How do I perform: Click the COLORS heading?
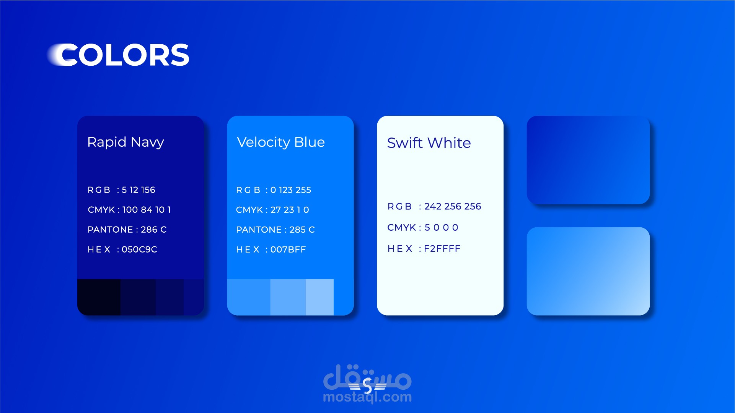119,55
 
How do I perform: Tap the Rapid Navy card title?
125,142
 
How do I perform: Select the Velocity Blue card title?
281,142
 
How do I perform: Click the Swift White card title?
429,143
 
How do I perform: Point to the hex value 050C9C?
139,249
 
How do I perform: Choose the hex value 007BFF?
288,249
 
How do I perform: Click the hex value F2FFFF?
442,249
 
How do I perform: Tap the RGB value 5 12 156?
139,190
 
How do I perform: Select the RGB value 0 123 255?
291,190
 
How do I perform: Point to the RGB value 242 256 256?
453,206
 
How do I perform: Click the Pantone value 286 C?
154,230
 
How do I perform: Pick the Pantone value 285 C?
302,230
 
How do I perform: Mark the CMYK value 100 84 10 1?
147,210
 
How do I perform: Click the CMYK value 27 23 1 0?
290,210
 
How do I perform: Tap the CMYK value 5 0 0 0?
442,228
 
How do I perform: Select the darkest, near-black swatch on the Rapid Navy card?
99,297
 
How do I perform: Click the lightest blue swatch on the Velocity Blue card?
319,297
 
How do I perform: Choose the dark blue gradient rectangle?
588,160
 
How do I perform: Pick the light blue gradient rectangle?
588,271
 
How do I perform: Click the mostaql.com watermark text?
367,397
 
